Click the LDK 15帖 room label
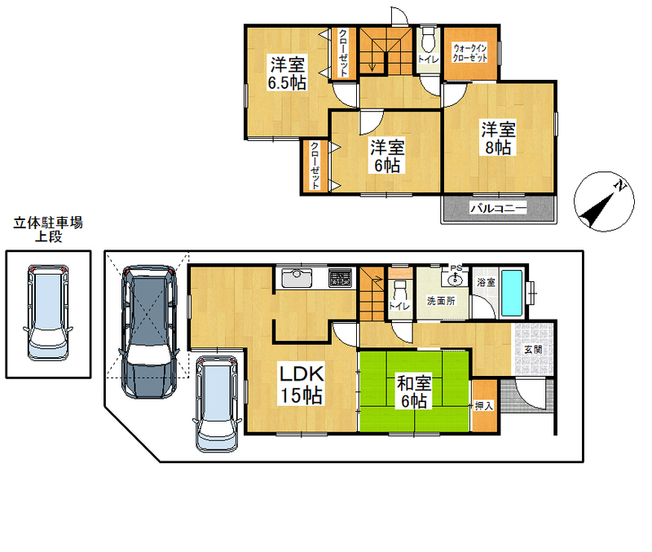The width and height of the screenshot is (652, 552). click(302, 384)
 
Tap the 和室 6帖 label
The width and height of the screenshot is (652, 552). click(414, 392)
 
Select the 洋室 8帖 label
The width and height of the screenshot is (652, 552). click(498, 138)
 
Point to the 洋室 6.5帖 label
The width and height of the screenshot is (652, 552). click(287, 73)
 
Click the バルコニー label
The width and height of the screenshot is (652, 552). click(499, 207)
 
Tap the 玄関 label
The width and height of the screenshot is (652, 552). click(533, 350)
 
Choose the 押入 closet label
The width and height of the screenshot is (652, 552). click(484, 405)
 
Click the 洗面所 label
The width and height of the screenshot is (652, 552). click(441, 300)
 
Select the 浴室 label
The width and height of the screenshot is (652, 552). click(486, 282)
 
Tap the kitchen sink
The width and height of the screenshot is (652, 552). click(297, 278)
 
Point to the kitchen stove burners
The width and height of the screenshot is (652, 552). click(340, 278)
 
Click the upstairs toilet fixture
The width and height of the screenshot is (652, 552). click(427, 39)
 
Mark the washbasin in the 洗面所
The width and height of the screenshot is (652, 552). click(455, 280)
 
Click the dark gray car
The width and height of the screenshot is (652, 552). click(149, 332)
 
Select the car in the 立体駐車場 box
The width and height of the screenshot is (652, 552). click(48, 312)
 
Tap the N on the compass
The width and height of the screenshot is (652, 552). click(621, 186)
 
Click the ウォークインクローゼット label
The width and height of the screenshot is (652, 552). click(470, 53)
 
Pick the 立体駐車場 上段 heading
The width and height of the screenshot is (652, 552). click(48, 229)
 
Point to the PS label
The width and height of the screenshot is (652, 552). click(456, 268)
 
